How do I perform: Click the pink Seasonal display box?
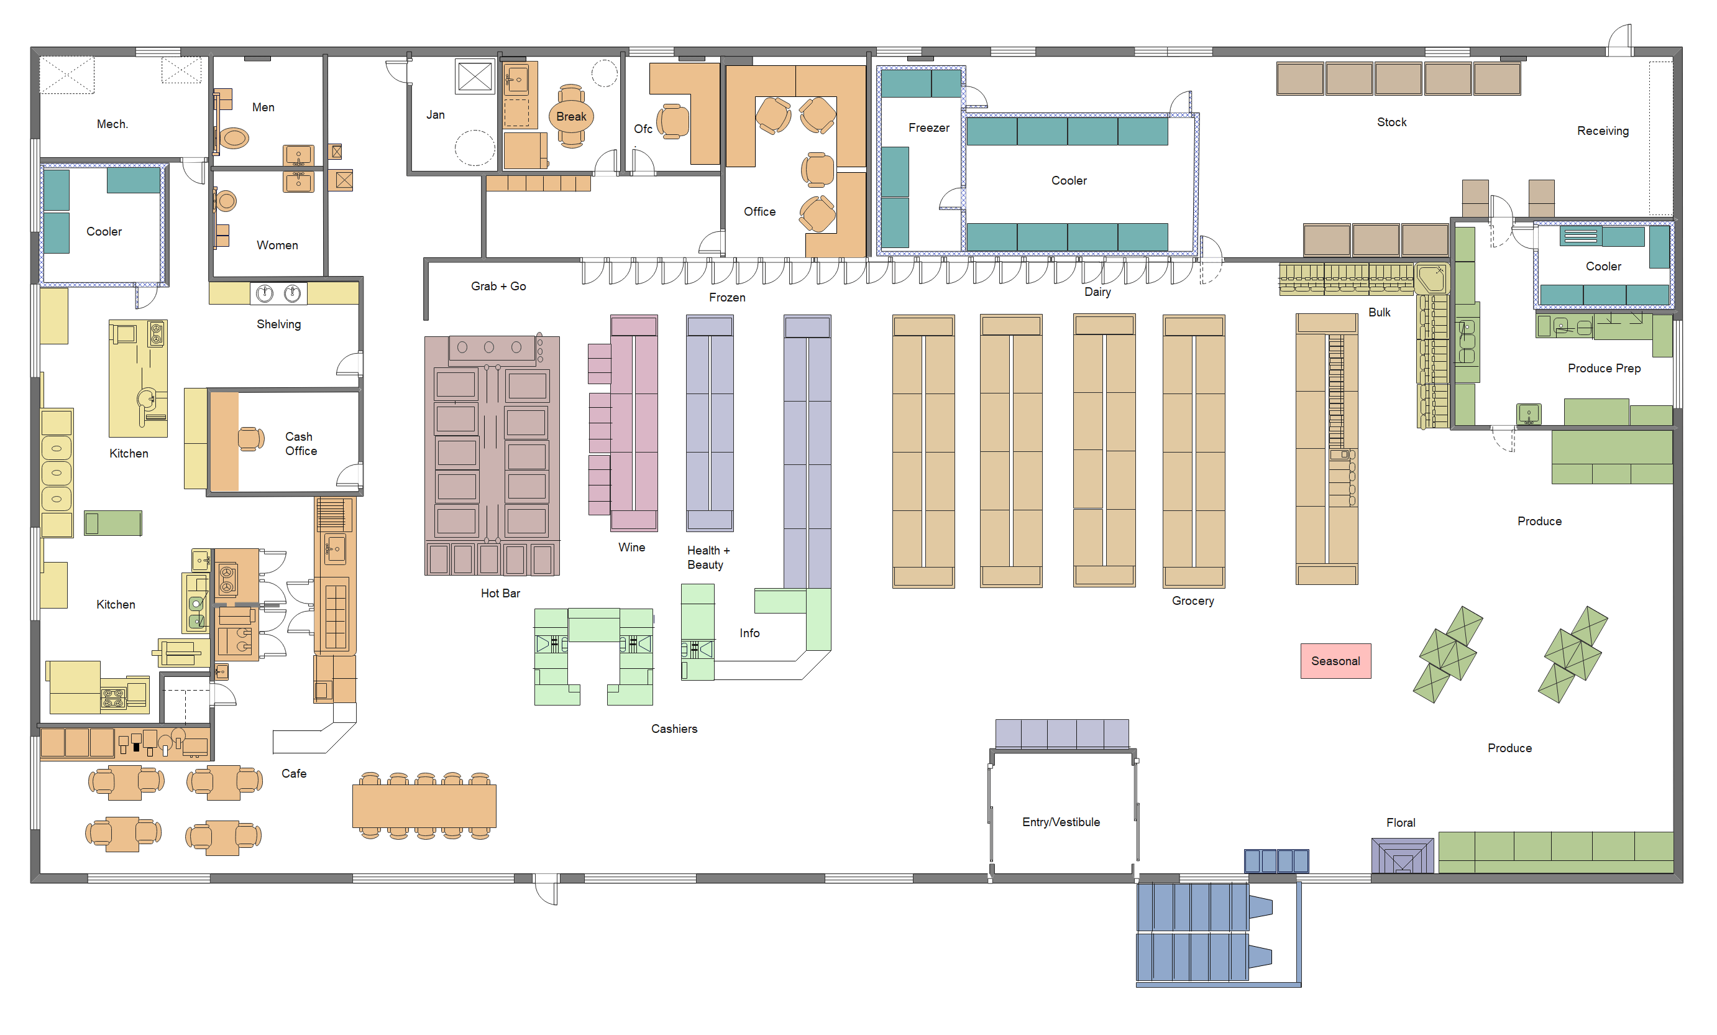pyautogui.click(x=1335, y=661)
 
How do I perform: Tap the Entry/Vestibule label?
pyautogui.click(x=1061, y=822)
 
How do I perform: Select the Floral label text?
pyautogui.click(x=1400, y=822)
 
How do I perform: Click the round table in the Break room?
pyautogui.click(x=570, y=116)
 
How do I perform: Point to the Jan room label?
pyautogui.click(x=436, y=115)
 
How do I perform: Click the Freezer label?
pyautogui.click(x=928, y=127)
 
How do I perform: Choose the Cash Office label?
pyautogui.click(x=300, y=444)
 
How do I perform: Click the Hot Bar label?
pyautogui.click(x=500, y=593)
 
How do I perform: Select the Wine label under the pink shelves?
pyautogui.click(x=631, y=547)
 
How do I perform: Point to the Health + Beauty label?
pyautogui.click(x=707, y=558)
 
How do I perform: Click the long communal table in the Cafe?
pyautogui.click(x=424, y=806)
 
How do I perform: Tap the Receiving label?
pyautogui.click(x=1603, y=131)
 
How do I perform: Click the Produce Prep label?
pyautogui.click(x=1603, y=368)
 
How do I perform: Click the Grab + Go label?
pyautogui.click(x=498, y=287)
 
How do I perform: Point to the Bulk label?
pyautogui.click(x=1379, y=312)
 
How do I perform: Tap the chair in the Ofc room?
pyautogui.click(x=672, y=121)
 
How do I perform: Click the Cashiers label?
pyautogui.click(x=674, y=729)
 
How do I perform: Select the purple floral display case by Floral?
pyautogui.click(x=1402, y=856)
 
